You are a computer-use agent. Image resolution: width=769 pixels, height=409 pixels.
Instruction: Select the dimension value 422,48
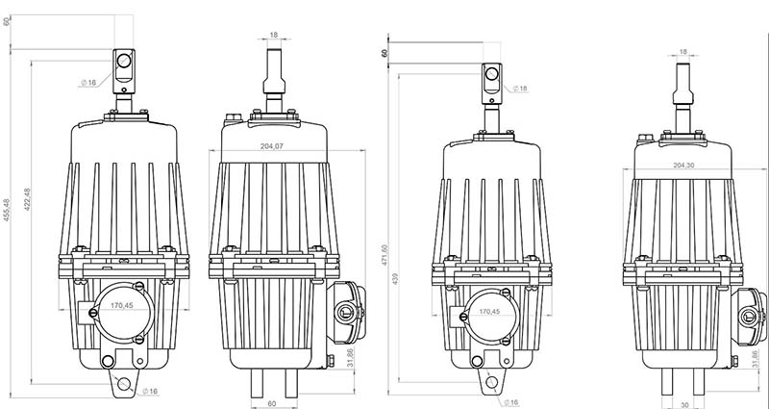[28, 199]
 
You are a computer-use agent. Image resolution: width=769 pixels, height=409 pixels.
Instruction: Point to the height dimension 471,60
[384, 255]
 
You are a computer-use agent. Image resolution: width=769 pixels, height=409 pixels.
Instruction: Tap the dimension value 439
[395, 278]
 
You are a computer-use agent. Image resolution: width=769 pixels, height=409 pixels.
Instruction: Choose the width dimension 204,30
[683, 166]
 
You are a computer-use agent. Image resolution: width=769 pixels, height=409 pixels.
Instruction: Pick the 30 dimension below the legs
[684, 405]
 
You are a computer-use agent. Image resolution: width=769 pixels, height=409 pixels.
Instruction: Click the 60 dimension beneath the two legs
[272, 403]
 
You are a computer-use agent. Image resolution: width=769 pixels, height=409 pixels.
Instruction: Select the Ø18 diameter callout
[520, 89]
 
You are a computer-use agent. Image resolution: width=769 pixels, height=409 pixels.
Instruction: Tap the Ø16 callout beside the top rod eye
[88, 83]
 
